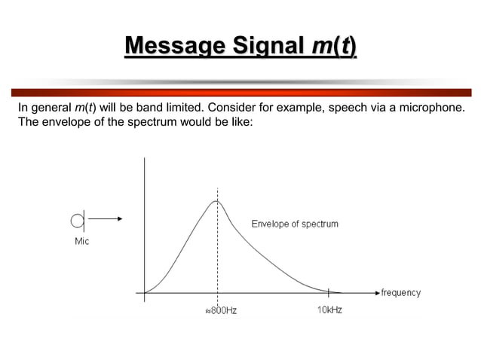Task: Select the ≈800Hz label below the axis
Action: pyautogui.click(x=221, y=310)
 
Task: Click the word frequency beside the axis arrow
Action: pyautogui.click(x=400, y=292)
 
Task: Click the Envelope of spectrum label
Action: pyautogui.click(x=294, y=224)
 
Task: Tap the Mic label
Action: pyautogui.click(x=81, y=242)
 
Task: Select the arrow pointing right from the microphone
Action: pyautogui.click(x=106, y=219)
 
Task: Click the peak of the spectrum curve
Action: pyautogui.click(x=216, y=200)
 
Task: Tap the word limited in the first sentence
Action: pyautogui.click(x=182, y=108)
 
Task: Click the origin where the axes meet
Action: pyautogui.click(x=145, y=291)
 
